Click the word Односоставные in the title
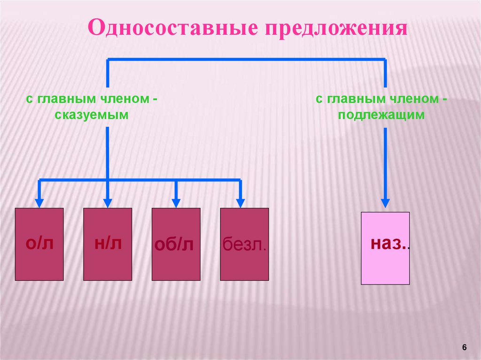pos(172,28)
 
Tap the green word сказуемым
pos(91,115)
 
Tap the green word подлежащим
pos(381,115)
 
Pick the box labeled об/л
pos(176,263)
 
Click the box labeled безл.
pos(244,263)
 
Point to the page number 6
pos(465,347)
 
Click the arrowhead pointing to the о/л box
pos(39,203)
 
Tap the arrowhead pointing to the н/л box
pos(108,203)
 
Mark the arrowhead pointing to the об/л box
pos(176,203)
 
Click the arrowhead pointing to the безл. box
pos(240,203)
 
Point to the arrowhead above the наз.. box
pos(385,203)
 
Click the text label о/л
pos(39,243)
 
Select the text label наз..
pos(389,243)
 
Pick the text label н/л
pos(108,243)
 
